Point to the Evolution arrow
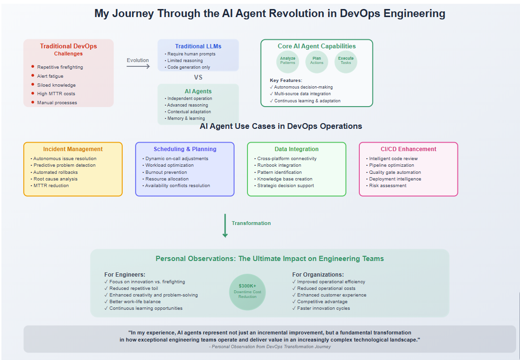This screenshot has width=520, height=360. [138, 67]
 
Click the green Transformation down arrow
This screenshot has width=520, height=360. [225, 225]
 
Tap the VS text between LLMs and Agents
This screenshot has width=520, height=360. [198, 78]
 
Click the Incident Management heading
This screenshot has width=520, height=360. [73, 149]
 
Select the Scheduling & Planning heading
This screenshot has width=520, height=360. [185, 149]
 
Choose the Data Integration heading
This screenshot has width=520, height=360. [296, 149]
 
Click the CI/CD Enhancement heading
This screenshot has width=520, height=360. [408, 149]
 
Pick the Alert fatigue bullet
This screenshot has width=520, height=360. [50, 76]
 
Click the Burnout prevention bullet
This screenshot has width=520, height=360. [166, 172]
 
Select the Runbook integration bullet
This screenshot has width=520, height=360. [279, 165]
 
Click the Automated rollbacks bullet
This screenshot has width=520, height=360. [55, 172]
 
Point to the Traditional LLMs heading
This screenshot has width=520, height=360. [198, 46]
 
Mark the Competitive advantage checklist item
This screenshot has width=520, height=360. [322, 302]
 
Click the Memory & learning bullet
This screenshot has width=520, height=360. [186, 118]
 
